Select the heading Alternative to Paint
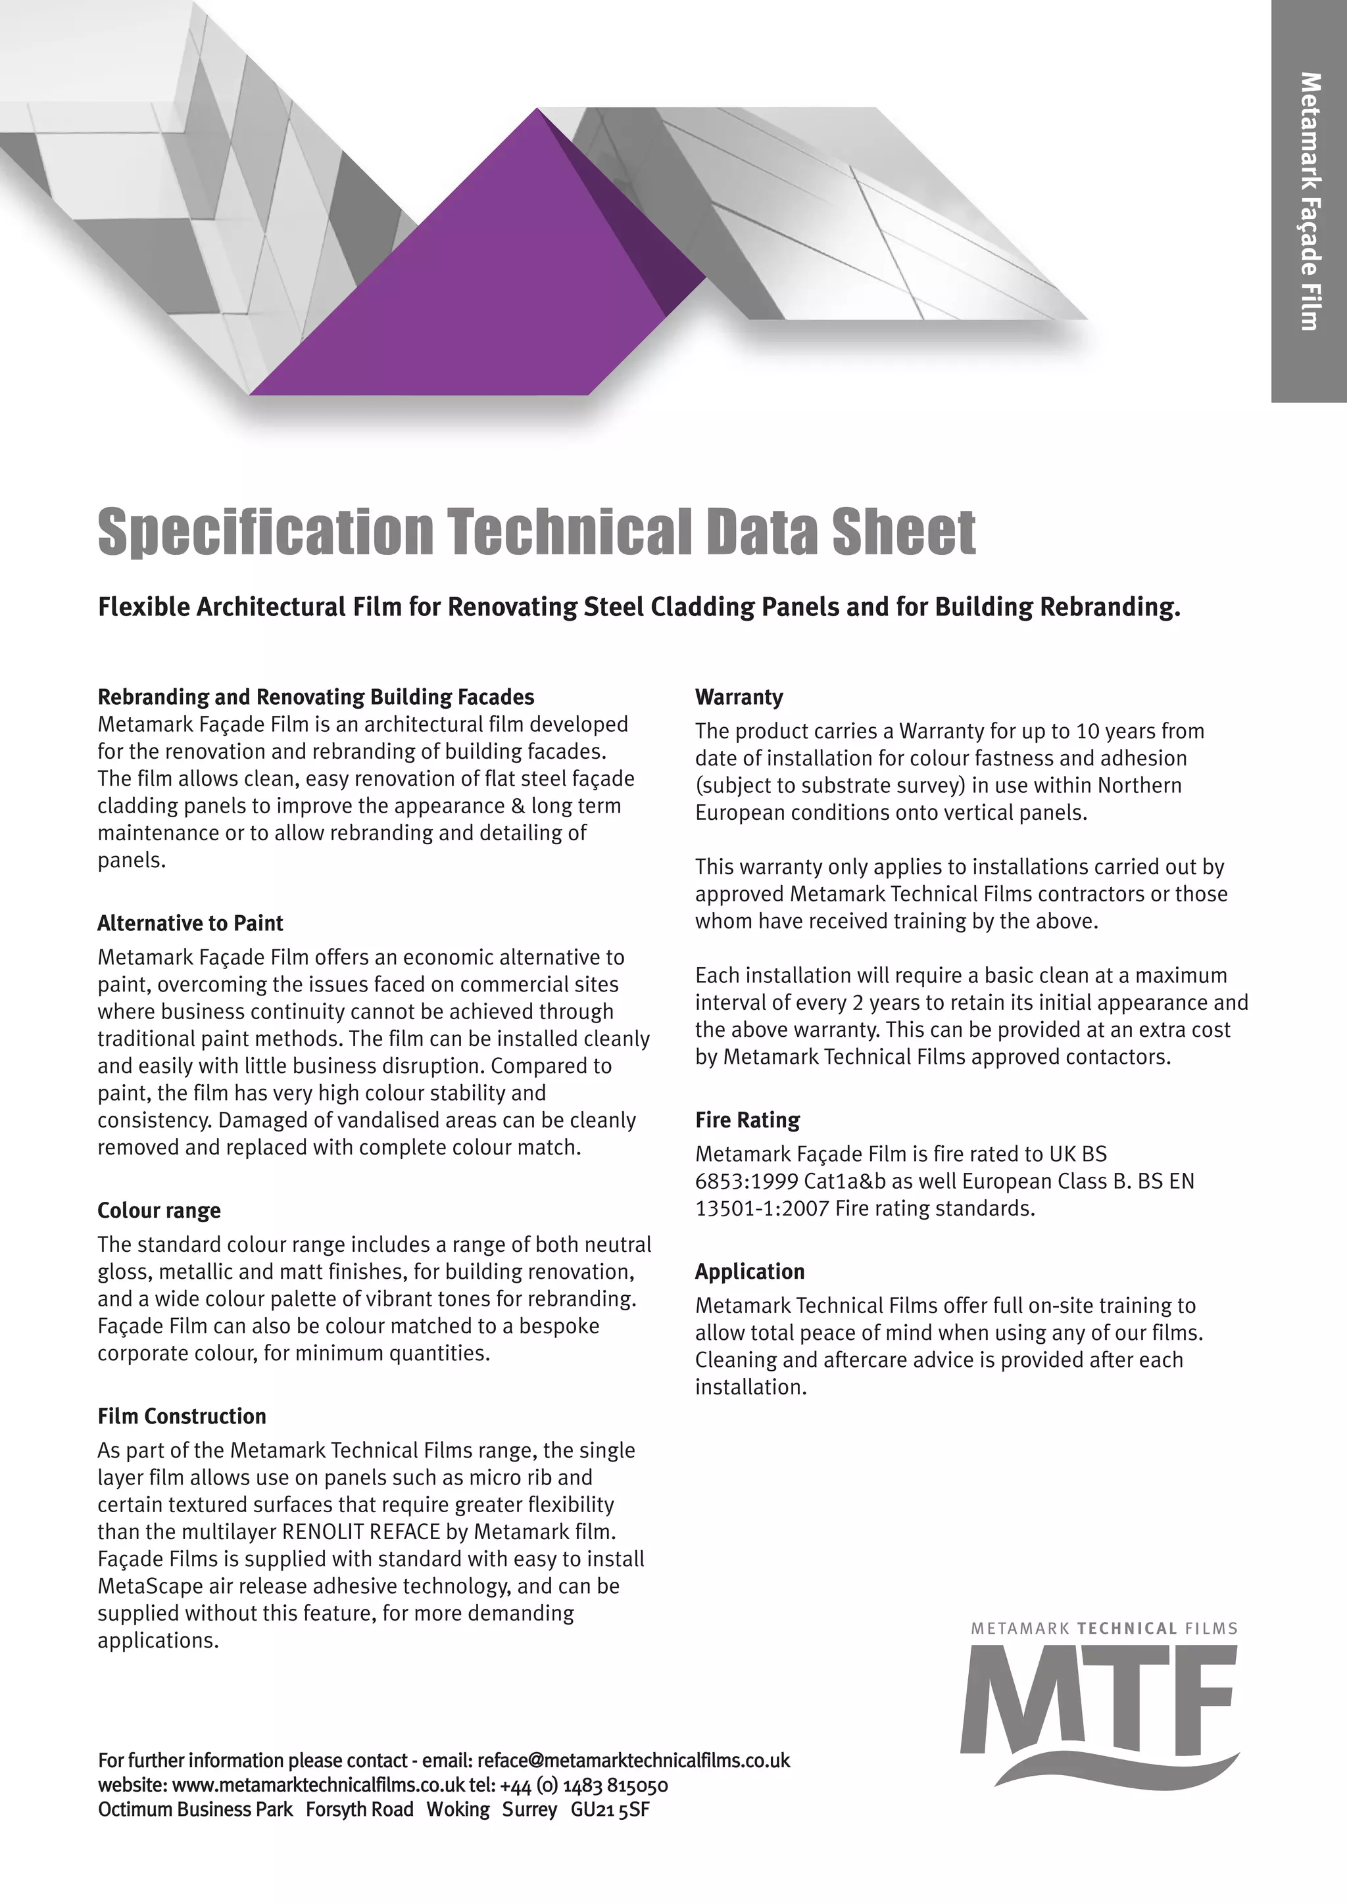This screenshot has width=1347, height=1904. point(190,923)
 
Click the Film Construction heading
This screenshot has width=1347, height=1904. point(182,1416)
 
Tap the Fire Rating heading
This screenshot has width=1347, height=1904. point(747,1120)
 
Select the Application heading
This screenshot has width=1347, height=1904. point(750,1272)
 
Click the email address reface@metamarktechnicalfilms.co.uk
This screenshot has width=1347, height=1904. point(633,1760)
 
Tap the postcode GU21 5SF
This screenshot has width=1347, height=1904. point(610,1809)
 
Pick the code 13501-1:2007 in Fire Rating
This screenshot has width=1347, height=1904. point(762,1208)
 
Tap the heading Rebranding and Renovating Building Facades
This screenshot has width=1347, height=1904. point(316,697)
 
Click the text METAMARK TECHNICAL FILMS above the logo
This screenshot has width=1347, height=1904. point(1104,1628)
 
